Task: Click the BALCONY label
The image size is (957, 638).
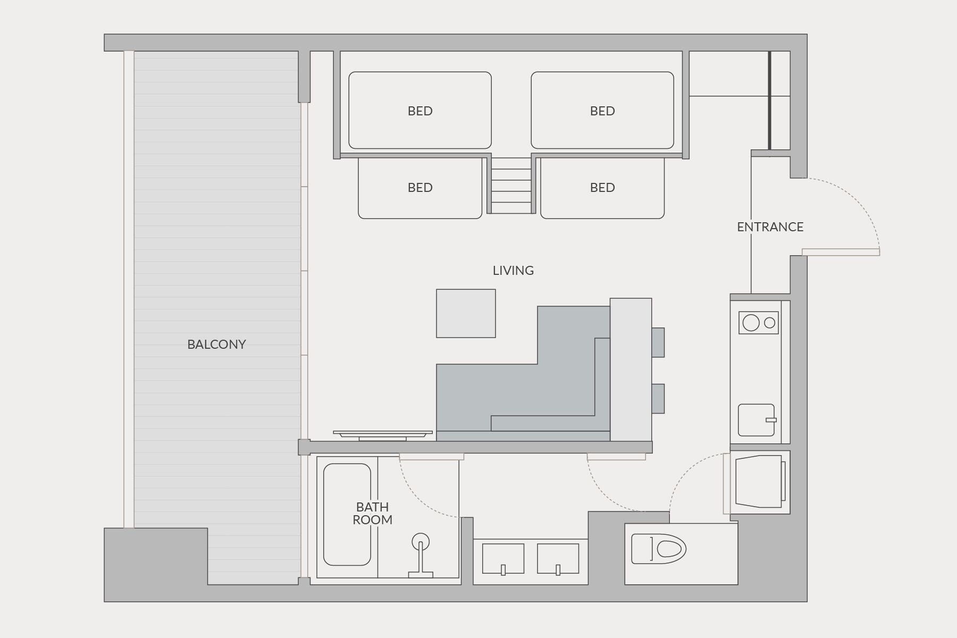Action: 216,345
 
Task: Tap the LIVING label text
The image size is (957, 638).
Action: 513,271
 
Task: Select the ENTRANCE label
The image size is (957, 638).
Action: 770,227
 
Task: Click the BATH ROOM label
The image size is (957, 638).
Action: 373,514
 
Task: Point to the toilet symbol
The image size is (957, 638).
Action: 659,549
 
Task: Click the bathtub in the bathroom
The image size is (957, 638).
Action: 347,515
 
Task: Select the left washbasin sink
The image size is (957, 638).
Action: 503,559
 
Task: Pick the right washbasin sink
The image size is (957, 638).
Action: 558,559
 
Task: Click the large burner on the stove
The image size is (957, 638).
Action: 751,323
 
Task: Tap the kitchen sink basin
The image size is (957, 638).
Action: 757,420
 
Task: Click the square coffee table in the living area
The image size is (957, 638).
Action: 466,314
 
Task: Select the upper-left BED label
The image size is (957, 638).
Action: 420,111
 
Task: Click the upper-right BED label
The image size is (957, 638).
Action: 602,111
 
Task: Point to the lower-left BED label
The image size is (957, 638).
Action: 420,188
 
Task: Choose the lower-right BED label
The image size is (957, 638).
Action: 602,188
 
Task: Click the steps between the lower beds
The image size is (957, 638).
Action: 511,186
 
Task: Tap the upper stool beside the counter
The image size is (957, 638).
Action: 658,342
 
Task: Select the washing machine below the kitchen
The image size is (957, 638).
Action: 760,482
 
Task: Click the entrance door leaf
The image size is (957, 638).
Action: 841,252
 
